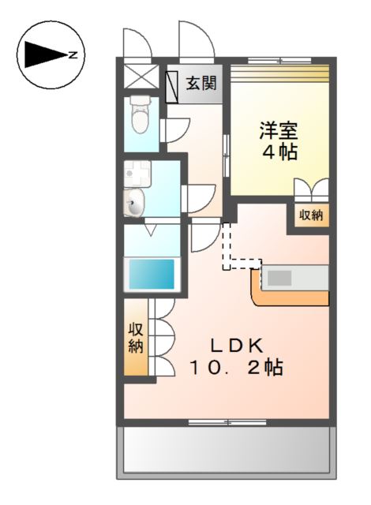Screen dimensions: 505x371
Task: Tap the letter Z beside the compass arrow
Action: pos(73,55)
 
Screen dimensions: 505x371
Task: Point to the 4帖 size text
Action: pos(279,151)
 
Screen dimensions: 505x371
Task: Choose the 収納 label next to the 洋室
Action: pos(310,215)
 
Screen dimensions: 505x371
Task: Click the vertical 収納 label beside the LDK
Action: pos(135,338)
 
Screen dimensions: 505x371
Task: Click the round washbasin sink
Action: pos(135,204)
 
